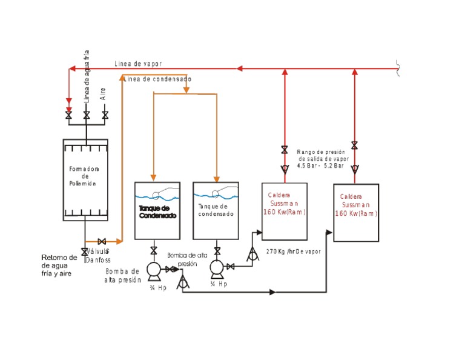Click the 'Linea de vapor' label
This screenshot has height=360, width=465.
(x=138, y=64)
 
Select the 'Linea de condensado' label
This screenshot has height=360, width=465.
(x=158, y=79)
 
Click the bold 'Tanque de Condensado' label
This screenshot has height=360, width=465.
(x=157, y=212)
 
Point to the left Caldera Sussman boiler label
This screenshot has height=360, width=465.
(x=284, y=204)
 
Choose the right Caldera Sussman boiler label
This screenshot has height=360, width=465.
(x=355, y=205)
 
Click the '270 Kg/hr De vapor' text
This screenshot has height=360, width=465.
(x=293, y=251)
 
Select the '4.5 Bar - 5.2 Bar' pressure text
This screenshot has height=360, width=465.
(x=320, y=165)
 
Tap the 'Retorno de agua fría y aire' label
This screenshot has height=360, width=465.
(x=59, y=265)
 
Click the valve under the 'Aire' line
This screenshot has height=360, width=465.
(x=105, y=115)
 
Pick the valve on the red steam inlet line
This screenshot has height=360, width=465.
(x=68, y=115)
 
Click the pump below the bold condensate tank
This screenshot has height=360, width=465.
(x=154, y=268)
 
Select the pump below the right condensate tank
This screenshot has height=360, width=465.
(x=216, y=267)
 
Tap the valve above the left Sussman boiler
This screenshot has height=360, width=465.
(x=284, y=150)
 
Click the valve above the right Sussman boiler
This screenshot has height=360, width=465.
(x=354, y=145)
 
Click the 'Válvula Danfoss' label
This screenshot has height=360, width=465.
(x=98, y=255)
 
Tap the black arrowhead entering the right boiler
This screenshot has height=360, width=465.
(x=329, y=232)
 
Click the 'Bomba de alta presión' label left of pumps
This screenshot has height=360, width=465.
(x=122, y=275)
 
